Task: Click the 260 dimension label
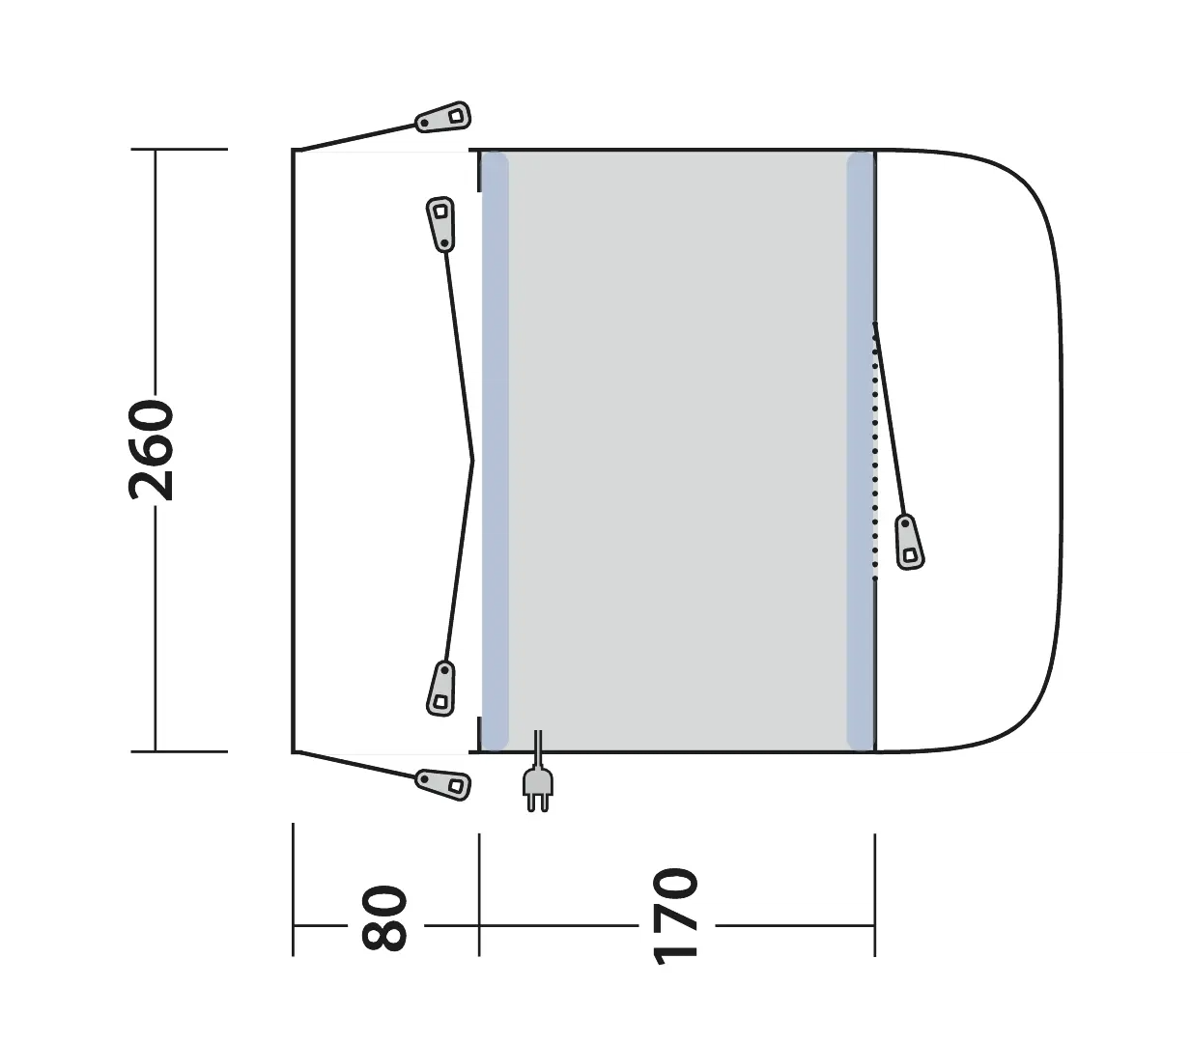pyautogui.click(x=151, y=450)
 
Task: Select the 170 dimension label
pyautogui.click(x=675, y=916)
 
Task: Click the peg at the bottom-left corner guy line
pyautogui.click(x=442, y=783)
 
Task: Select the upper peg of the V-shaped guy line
pyautogui.click(x=440, y=224)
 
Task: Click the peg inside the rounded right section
pyautogui.click(x=909, y=542)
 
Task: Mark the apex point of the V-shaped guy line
pyautogui.click(x=472, y=461)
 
